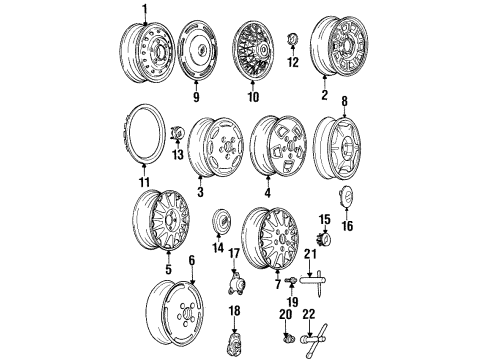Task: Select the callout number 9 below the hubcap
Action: point(196,98)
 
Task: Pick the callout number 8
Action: point(346,102)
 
